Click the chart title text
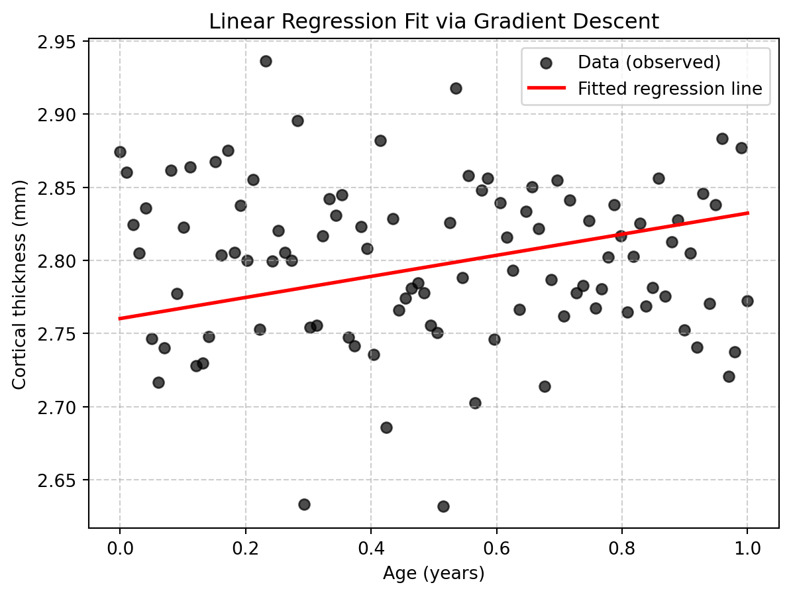click(434, 22)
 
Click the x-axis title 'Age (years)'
click(433, 573)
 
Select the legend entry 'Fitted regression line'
click(670, 88)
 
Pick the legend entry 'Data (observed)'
click(649, 63)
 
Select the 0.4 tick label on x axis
click(371, 549)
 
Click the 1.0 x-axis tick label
click(747, 549)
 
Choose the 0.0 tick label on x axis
click(120, 549)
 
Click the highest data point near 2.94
click(266, 61)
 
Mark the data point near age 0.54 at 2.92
click(456, 88)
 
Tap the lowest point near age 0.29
click(304, 504)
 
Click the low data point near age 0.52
click(443, 506)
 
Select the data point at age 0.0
click(120, 152)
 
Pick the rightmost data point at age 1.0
click(747, 301)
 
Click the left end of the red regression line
click(120, 318)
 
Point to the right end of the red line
click(747, 213)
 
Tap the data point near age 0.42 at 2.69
click(386, 427)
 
